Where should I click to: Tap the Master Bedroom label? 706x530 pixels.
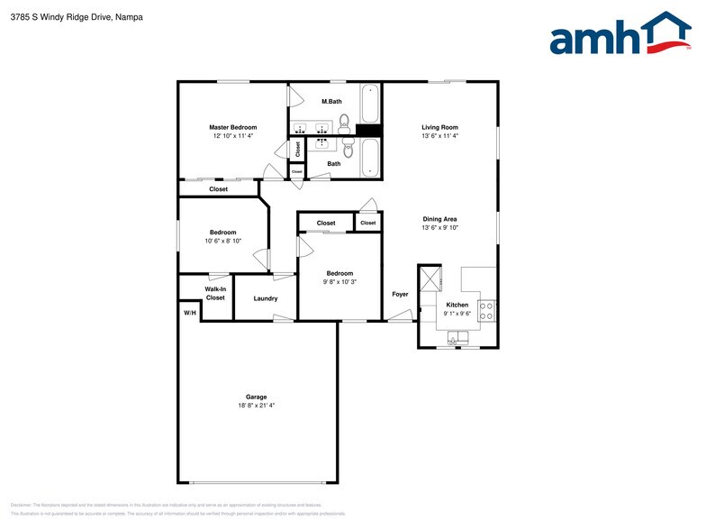point(233,127)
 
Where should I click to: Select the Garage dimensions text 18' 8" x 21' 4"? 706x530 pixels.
point(257,406)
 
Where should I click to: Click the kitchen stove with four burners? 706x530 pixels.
point(485,312)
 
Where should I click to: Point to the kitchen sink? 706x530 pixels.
point(458,339)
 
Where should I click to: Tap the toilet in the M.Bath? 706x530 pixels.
point(345,116)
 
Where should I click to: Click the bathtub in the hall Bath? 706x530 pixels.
point(370,159)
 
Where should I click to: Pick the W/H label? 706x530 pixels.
point(189,313)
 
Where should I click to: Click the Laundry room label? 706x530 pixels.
point(266,298)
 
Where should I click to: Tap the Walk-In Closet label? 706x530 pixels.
point(215,293)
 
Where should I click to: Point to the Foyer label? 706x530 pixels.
point(400,294)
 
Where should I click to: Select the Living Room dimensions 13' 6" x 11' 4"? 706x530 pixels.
point(440,136)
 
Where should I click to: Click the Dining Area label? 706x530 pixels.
point(440,219)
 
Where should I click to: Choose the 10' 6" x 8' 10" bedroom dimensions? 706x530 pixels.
point(223,241)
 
